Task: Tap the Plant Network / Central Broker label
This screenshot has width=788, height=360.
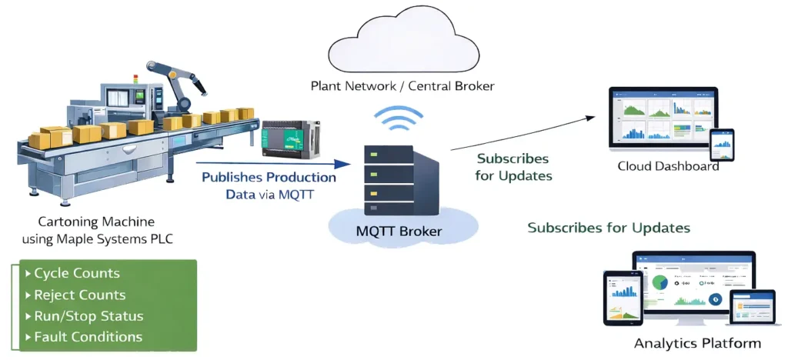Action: [402, 86]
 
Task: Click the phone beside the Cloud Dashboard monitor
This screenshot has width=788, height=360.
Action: [721, 145]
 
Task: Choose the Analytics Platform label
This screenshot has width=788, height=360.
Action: [697, 343]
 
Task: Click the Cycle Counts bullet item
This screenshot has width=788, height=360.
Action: [77, 273]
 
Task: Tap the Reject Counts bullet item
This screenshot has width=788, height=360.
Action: [80, 295]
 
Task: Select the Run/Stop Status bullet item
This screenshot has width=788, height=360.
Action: [88, 316]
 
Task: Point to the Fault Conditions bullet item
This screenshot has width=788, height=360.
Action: [88, 337]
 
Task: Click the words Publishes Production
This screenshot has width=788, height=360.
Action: [269, 178]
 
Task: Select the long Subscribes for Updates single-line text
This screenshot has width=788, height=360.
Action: [608, 228]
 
